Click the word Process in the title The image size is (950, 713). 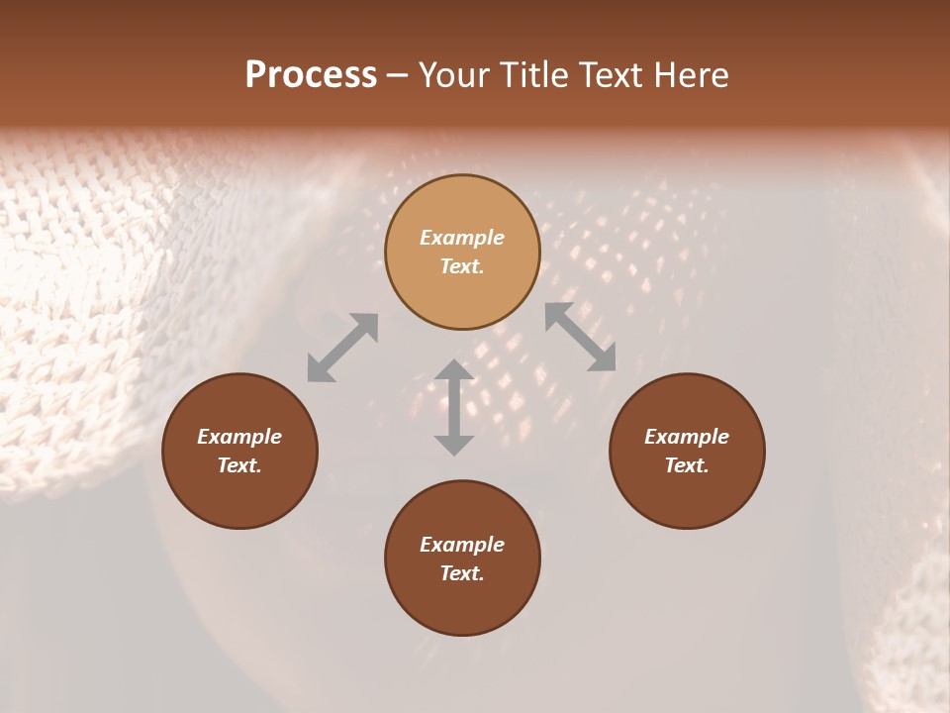click(311, 75)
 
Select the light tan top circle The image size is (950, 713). click(462, 208)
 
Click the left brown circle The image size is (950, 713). click(239, 485)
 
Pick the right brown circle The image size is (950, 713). click(687, 485)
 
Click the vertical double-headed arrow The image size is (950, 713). click(454, 407)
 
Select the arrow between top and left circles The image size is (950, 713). click(342, 348)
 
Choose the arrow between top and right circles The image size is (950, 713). click(581, 337)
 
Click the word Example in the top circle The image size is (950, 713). click(462, 238)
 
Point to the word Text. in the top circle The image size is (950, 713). click(462, 267)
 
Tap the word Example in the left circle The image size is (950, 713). click(239, 437)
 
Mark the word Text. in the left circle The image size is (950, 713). click(239, 466)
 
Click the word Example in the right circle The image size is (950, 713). click(687, 437)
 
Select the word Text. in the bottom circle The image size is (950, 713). click(462, 574)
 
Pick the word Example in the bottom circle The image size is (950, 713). click(462, 545)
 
